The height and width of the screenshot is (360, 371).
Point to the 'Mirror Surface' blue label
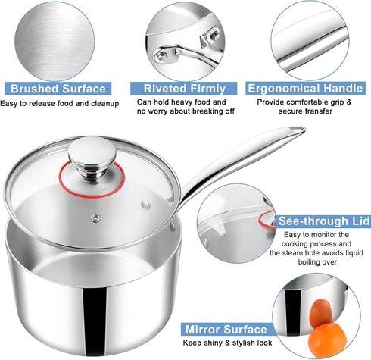225,330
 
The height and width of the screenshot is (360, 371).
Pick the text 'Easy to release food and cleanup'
59,104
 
